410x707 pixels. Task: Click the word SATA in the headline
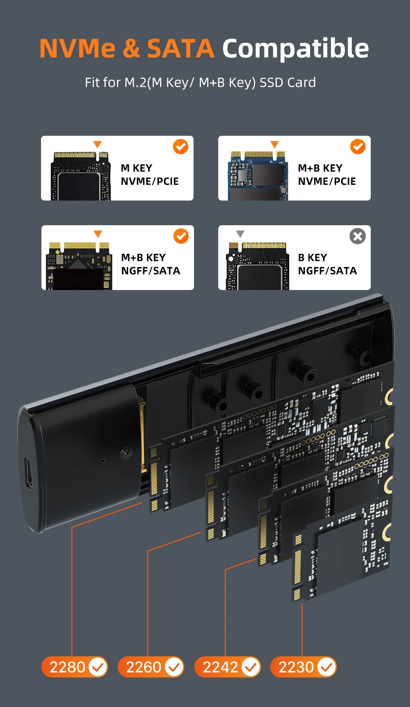pos(181,48)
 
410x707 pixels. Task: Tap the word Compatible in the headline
pos(295,48)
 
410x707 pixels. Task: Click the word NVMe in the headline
pos(77,48)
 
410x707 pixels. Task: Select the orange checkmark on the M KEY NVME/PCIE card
pos(181,147)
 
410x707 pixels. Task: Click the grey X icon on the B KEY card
pos(358,236)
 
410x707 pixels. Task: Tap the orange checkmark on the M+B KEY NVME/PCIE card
pos(358,147)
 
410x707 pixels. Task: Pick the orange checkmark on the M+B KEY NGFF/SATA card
pos(181,236)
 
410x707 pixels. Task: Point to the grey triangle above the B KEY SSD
pos(240,234)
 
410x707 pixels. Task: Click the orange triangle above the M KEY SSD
pos(97,145)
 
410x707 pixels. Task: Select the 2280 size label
pos(75,667)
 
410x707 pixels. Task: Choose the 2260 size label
pos(151,667)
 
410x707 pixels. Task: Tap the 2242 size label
pos(227,667)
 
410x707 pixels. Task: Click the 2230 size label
pos(303,667)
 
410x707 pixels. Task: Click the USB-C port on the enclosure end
pos(28,473)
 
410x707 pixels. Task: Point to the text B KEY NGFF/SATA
pos(327,264)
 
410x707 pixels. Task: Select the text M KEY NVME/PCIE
pos(149,175)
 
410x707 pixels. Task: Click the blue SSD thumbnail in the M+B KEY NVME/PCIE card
pos(258,175)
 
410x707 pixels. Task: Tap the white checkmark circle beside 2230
pos(327,667)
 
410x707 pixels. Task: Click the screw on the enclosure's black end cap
pos(126,453)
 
